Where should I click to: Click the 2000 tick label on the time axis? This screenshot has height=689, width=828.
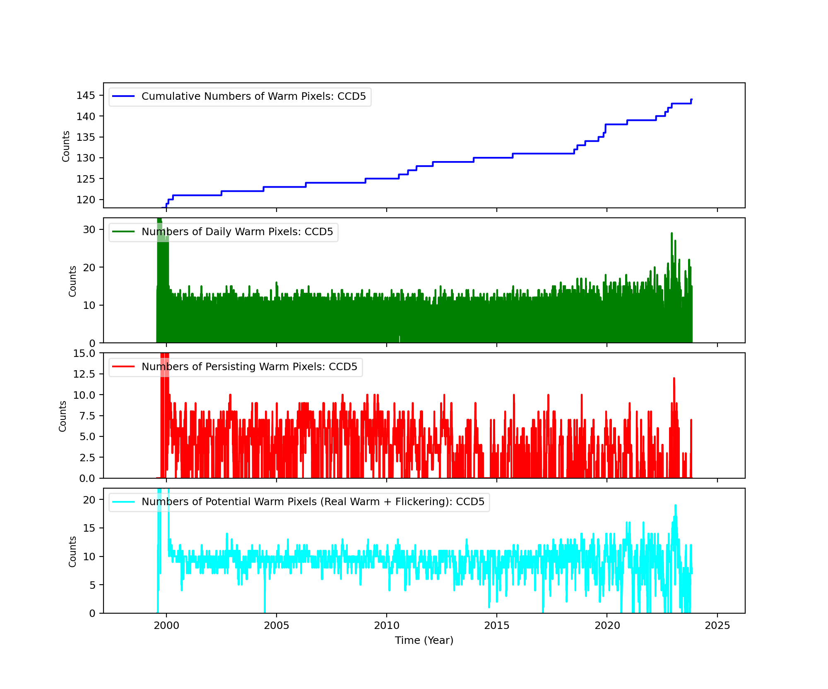(x=166, y=625)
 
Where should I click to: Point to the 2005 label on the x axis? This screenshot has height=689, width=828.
(x=276, y=625)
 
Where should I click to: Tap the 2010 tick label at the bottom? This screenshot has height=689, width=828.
(x=386, y=625)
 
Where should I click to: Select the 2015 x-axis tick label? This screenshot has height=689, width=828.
(x=496, y=625)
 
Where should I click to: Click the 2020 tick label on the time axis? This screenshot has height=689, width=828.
(x=607, y=625)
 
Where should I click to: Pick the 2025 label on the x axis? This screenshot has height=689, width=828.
(x=717, y=625)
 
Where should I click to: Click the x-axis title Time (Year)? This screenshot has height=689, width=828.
(x=424, y=641)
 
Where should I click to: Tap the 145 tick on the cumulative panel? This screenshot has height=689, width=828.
(x=86, y=96)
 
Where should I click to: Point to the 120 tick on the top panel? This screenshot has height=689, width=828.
(x=86, y=200)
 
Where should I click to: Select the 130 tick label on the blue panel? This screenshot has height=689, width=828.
(x=86, y=158)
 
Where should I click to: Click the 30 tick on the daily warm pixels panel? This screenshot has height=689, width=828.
(x=89, y=230)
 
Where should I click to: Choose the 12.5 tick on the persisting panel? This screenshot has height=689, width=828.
(x=84, y=374)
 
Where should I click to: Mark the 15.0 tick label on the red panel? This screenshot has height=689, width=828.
(x=84, y=354)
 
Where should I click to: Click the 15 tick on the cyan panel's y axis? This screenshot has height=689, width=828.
(x=89, y=528)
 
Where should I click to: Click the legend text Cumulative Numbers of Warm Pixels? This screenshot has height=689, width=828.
(x=253, y=96)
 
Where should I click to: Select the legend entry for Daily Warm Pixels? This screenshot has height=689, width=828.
(x=237, y=232)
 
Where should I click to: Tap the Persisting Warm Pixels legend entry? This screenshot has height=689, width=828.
(x=249, y=367)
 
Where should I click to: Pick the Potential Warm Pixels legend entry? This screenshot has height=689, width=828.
(x=313, y=502)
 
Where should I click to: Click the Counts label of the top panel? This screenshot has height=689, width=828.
(x=66, y=146)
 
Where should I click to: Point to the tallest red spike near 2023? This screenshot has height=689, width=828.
(x=674, y=378)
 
